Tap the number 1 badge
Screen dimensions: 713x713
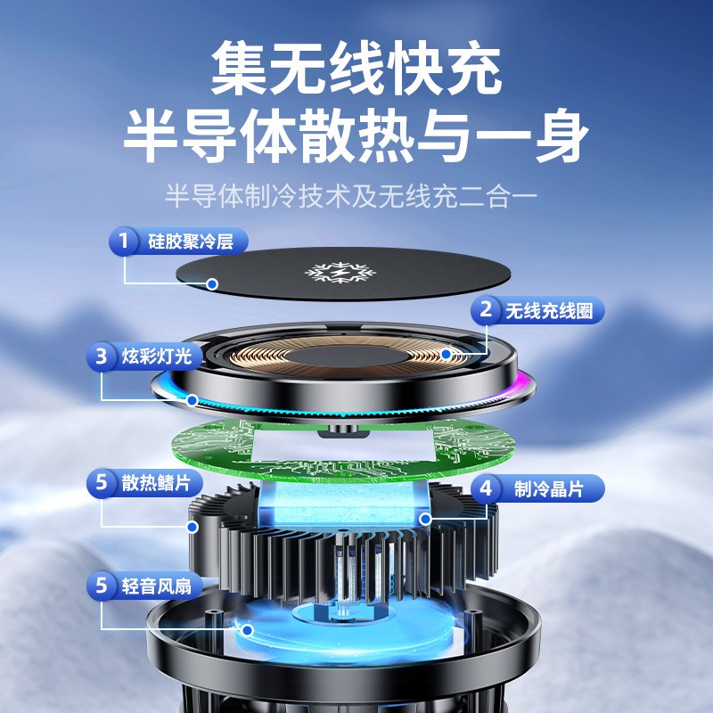[x=123, y=241]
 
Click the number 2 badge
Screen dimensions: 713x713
[x=486, y=310]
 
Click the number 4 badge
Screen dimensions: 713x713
[x=486, y=488]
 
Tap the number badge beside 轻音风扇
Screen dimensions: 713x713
[x=102, y=586]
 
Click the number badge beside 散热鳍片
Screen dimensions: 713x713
[x=102, y=484]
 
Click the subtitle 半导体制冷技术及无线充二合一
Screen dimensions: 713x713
[x=356, y=194]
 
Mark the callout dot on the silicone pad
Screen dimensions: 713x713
[x=213, y=284]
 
